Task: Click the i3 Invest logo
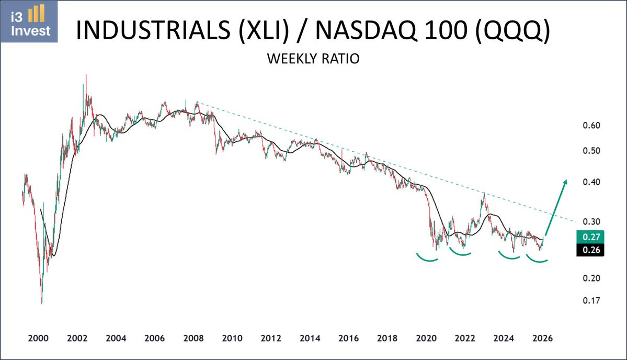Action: [x=29, y=22]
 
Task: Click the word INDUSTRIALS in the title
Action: [x=153, y=30]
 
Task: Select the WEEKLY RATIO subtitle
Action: [x=313, y=59]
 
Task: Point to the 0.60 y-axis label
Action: [x=591, y=126]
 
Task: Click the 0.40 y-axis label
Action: [x=591, y=182]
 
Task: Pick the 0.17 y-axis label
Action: [x=591, y=300]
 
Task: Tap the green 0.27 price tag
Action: [x=590, y=237]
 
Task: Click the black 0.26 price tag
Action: [x=590, y=250]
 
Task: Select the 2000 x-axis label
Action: [x=38, y=339]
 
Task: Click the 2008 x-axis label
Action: [x=193, y=339]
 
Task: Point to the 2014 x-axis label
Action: [x=310, y=339]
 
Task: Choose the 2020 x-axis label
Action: [x=426, y=339]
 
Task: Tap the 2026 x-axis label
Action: [x=543, y=339]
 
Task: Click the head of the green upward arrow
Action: [x=565, y=182]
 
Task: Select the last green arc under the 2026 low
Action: [x=537, y=261]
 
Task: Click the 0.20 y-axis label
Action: [x=591, y=278]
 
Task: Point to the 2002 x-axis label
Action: [x=77, y=339]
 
